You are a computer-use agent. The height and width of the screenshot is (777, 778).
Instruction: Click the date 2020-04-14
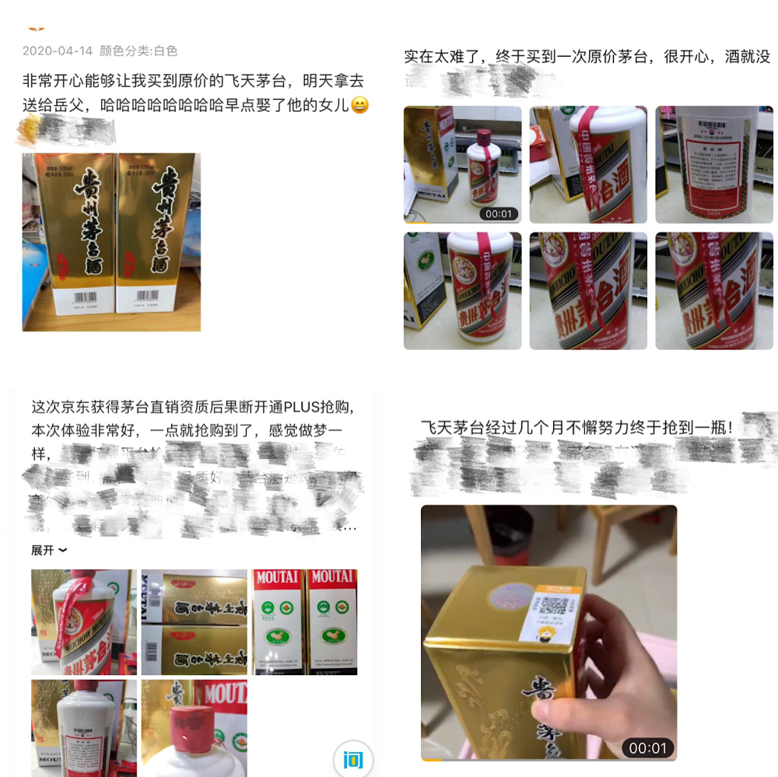point(57,51)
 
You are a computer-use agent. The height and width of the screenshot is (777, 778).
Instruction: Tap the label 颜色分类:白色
point(138,51)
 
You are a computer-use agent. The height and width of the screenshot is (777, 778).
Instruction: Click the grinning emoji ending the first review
point(359,105)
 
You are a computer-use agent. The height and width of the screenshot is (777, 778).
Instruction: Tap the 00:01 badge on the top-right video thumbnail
point(499,213)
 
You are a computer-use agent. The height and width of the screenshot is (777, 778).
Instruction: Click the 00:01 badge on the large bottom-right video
point(647,747)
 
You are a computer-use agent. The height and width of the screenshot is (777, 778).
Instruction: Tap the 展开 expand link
point(48,550)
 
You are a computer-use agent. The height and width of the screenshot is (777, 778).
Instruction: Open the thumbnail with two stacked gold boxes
point(194,621)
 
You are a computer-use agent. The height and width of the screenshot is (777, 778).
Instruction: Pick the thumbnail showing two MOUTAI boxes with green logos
point(305,621)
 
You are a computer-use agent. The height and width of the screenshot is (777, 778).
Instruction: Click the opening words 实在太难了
point(440,57)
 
